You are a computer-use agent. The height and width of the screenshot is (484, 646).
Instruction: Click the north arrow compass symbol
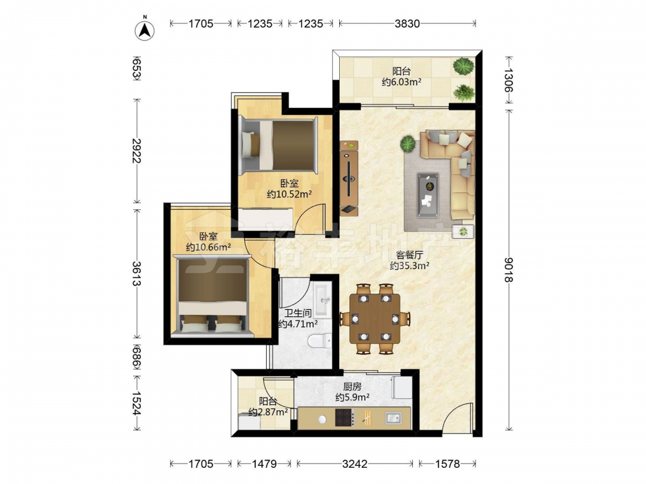(145, 29)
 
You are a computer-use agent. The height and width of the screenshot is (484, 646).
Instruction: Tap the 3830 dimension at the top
(407, 23)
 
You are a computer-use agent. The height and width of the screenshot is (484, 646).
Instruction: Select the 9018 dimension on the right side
(508, 270)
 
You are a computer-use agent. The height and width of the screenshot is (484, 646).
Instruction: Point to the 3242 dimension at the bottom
(354, 464)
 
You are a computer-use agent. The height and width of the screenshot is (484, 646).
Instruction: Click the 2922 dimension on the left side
(136, 150)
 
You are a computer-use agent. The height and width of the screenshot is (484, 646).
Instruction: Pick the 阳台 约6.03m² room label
(401, 77)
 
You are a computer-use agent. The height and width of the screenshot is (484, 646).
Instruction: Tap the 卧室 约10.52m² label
(289, 188)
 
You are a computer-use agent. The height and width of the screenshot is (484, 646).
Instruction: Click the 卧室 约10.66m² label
(208, 241)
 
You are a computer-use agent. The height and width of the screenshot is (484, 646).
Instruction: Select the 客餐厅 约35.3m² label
(410, 261)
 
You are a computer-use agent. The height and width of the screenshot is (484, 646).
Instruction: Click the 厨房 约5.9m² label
(352, 392)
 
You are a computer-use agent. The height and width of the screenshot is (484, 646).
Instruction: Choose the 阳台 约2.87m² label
(268, 406)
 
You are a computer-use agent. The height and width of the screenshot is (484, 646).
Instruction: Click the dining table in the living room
(375, 319)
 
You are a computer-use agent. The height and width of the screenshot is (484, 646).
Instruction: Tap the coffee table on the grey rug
(428, 195)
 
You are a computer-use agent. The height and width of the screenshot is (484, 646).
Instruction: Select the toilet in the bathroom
(320, 340)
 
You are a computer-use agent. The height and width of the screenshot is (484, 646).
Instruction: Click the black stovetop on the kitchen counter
(344, 418)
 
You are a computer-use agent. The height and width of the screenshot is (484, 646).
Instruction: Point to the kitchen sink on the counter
(393, 418)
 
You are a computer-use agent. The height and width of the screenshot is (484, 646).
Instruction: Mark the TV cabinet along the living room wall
(349, 178)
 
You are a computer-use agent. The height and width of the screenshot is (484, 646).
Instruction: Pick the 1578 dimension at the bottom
(448, 464)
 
